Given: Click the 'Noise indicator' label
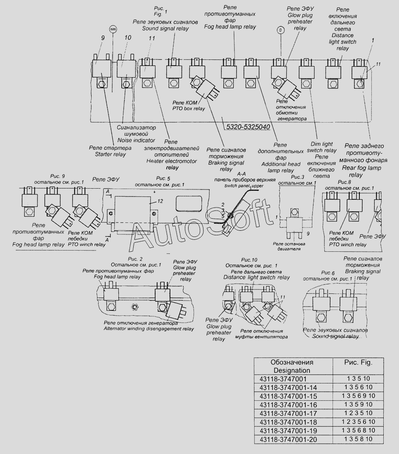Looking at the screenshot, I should pyautogui.click(x=130, y=140).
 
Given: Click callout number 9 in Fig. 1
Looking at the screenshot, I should pyautogui.click(x=102, y=38).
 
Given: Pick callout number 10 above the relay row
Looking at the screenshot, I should pyautogui.click(x=127, y=38).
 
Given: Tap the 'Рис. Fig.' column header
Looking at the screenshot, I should pyautogui.click(x=358, y=362).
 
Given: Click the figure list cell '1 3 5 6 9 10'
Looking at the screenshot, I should pyautogui.click(x=358, y=395).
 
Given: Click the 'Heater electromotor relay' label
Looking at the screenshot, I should pyautogui.click(x=172, y=161).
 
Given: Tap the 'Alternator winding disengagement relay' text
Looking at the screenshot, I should pyautogui.click(x=149, y=329).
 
